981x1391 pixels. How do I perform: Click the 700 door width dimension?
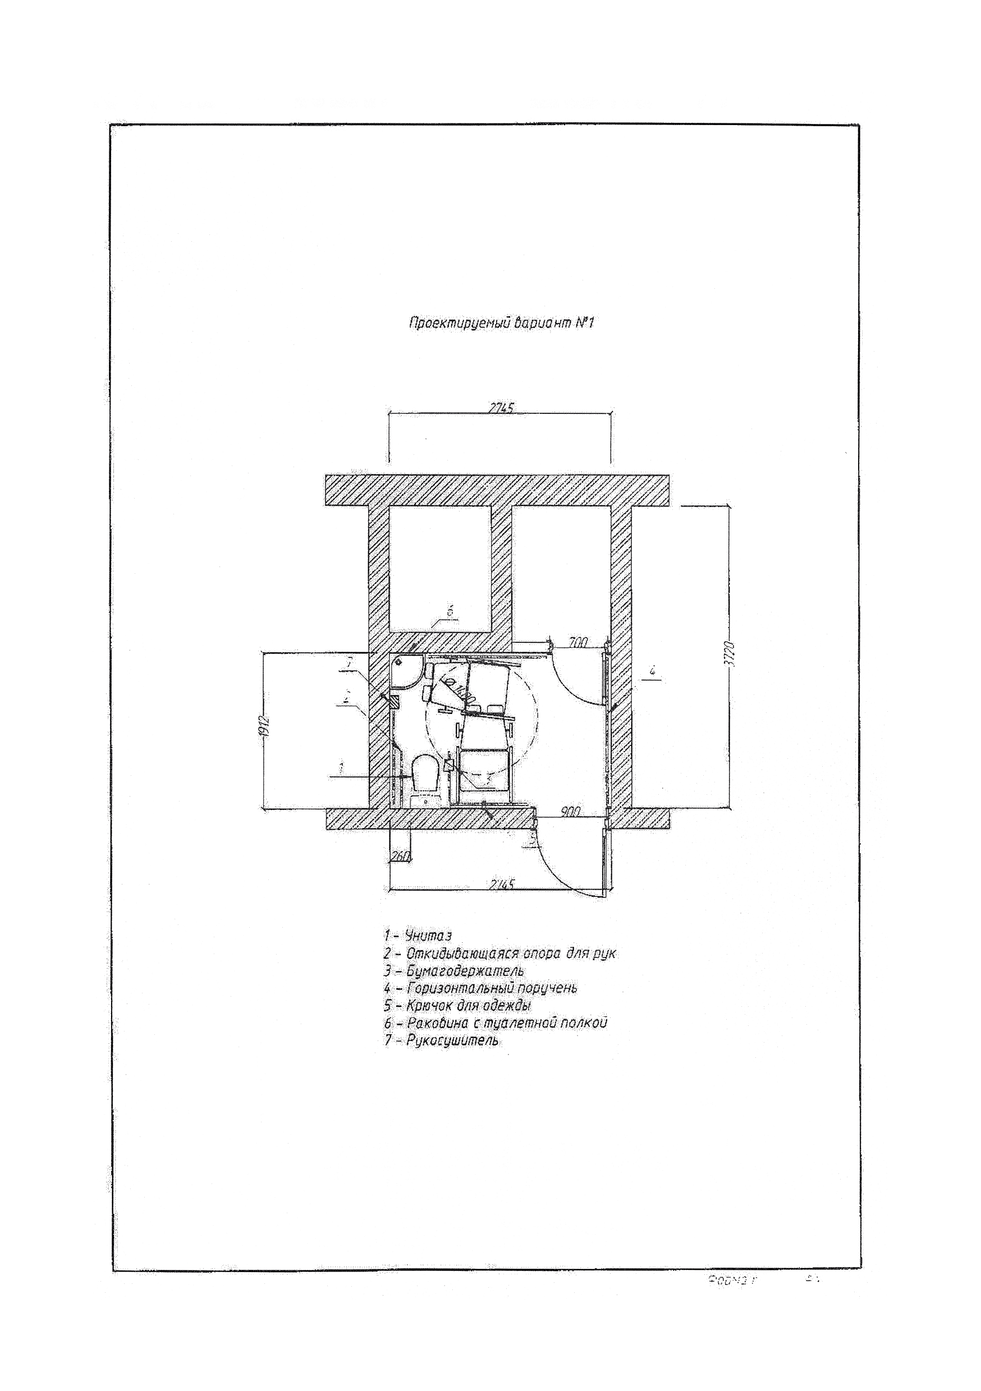pos(579,643)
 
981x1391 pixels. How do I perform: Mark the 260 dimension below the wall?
pos(401,856)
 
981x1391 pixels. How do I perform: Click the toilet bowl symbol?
pos(425,775)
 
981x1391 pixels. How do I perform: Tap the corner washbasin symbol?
pos(405,671)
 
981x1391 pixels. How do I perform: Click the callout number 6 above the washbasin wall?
pos(450,612)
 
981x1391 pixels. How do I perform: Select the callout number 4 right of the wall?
pos(652,671)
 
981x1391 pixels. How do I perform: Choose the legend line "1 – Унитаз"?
pos(418,936)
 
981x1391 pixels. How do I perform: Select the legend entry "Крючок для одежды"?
pos(458,1006)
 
